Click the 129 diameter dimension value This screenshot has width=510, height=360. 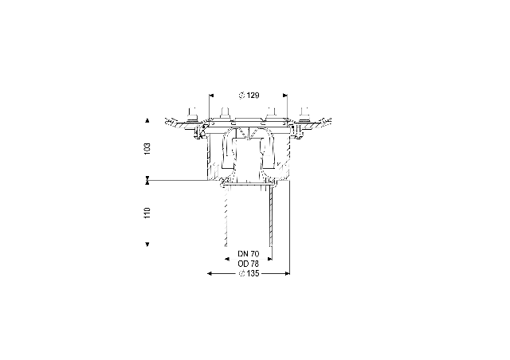(x=253, y=96)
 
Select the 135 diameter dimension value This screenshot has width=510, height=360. (x=253, y=273)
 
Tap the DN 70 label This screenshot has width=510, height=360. (x=249, y=253)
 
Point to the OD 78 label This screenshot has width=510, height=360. (x=249, y=264)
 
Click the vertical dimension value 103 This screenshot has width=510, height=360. (x=147, y=149)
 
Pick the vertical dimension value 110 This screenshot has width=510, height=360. (x=147, y=213)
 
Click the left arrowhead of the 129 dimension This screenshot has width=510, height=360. (x=211, y=96)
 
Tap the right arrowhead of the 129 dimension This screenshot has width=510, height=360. (x=285, y=96)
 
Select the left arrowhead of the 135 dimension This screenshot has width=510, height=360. (x=210, y=273)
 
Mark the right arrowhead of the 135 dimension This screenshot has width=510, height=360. (x=287, y=273)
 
